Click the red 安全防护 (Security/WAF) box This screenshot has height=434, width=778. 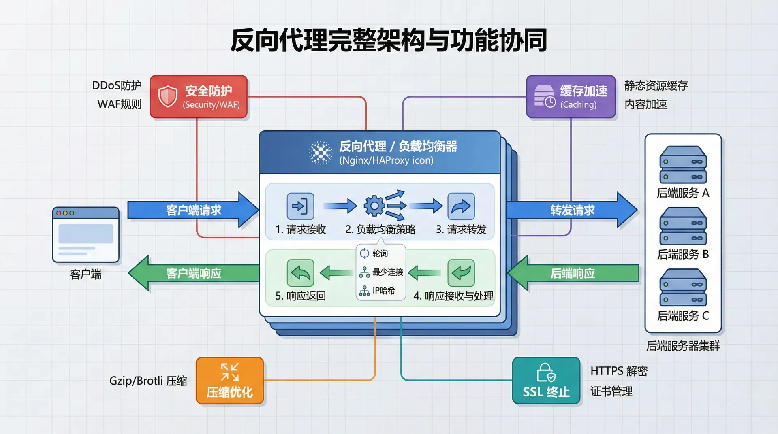click(x=199, y=97)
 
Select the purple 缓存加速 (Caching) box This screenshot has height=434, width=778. click(x=571, y=97)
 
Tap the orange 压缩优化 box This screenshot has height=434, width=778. click(x=230, y=381)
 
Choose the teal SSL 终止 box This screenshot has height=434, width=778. click(x=546, y=381)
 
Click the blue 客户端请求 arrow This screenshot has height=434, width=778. click(x=193, y=210)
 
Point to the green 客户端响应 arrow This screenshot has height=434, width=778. click(x=193, y=273)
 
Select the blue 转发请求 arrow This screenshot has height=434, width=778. click(x=572, y=210)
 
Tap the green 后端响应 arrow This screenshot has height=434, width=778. click(x=573, y=273)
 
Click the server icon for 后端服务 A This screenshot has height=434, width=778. click(x=683, y=165)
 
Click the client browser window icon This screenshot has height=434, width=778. click(x=86, y=235)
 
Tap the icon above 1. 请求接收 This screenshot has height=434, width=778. click(x=300, y=206)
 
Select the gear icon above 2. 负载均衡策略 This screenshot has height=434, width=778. click(x=375, y=206)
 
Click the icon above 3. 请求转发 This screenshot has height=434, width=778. click(x=461, y=206)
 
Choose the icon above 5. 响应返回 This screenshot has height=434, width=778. click(x=300, y=273)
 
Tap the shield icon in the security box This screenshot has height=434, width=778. click(x=168, y=96)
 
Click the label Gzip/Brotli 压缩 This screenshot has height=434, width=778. click(x=148, y=381)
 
